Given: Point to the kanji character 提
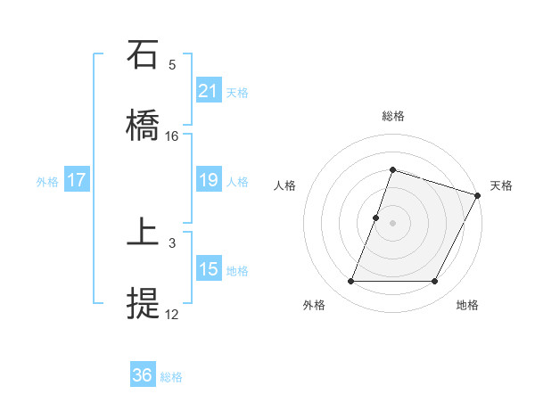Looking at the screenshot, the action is point(144,305).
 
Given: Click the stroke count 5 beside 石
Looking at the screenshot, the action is point(172,65).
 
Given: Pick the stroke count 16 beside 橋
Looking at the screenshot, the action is point(172,136).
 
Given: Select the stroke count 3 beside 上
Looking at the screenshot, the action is point(172,242).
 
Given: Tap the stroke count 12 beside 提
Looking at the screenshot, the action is point(172,314).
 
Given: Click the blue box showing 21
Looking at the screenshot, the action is point(209,91).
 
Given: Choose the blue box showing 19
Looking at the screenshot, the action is point(209,181).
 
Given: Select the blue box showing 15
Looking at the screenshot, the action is point(209,269).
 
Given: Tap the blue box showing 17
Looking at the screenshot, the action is point(77,181).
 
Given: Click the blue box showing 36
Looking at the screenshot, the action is point(143,376).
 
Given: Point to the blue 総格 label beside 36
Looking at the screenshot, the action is point(171,377).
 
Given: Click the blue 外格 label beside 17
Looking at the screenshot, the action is point(47,182).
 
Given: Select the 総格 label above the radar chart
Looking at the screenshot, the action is point(392,116).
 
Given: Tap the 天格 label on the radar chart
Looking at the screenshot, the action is point(501,185).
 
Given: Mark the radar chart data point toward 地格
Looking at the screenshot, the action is point(435,282).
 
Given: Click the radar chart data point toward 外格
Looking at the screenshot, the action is point(350,282).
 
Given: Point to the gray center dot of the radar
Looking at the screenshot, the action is point(392,222).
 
